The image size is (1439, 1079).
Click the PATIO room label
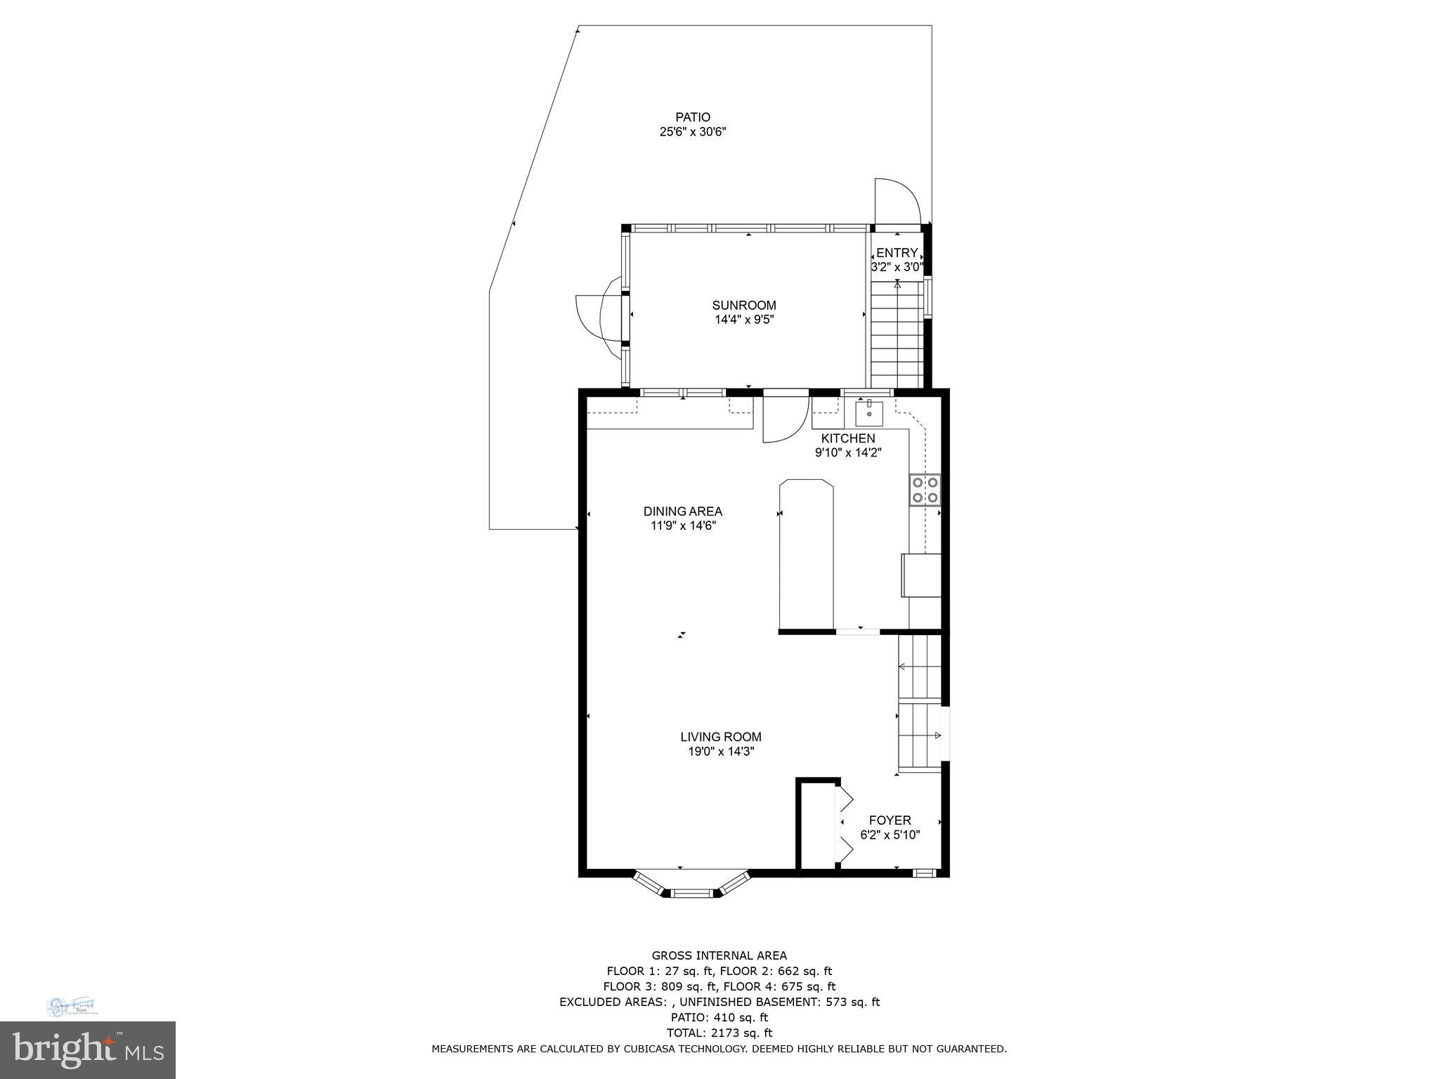pos(693,117)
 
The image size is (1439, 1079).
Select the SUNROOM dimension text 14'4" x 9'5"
pos(744,319)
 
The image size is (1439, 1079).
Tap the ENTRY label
pos(897,253)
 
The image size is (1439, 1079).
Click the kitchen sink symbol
pos(869,413)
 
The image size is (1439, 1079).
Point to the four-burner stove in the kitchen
pos(925,490)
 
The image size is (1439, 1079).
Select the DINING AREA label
pos(682,511)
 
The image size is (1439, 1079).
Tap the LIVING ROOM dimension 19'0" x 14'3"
pos(721,751)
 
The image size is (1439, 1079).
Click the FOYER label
pos(890,820)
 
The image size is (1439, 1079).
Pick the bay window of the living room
pos(692,885)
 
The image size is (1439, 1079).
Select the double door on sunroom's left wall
pos(601,317)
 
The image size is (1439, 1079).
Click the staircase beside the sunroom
pos(897,334)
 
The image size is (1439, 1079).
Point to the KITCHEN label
pos(848,438)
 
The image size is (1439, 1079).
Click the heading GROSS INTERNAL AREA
pos(719,955)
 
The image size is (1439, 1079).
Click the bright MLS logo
pos(87,1049)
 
